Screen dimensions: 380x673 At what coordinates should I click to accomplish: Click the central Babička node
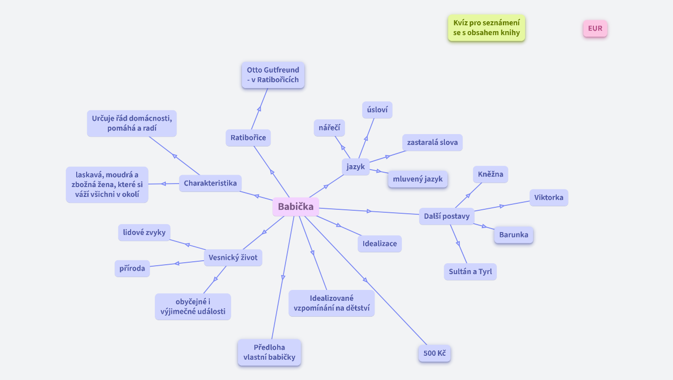tap(295, 207)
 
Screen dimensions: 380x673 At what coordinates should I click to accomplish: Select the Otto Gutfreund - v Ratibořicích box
tap(273, 75)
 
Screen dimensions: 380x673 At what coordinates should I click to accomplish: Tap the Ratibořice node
tap(248, 138)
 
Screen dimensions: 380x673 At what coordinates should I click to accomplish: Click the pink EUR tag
tap(595, 29)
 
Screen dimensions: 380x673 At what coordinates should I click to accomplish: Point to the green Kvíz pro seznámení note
tap(486, 28)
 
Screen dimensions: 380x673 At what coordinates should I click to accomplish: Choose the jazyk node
tap(355, 167)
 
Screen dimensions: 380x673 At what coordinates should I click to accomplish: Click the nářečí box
tap(329, 128)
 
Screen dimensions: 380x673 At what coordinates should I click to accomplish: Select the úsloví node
tap(377, 110)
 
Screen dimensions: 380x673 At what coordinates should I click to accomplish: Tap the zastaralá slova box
tap(432, 142)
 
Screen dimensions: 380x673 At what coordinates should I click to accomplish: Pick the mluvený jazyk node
tap(418, 179)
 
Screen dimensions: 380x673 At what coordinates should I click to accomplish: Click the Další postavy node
tap(446, 216)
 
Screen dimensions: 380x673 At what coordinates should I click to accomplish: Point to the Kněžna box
tap(490, 174)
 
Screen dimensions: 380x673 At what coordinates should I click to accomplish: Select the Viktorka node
tap(548, 197)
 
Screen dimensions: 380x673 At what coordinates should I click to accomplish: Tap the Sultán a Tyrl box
tap(470, 272)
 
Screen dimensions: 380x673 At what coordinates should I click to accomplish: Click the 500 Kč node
tap(434, 353)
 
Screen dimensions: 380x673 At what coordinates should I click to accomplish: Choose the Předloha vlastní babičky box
tap(269, 352)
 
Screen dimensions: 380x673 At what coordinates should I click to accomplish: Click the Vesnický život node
tap(233, 257)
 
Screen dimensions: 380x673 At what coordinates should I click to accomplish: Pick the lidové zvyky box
tap(144, 232)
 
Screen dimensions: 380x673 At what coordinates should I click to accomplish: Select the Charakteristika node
tap(210, 183)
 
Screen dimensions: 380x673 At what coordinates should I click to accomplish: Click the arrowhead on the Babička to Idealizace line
tap(338, 225)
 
